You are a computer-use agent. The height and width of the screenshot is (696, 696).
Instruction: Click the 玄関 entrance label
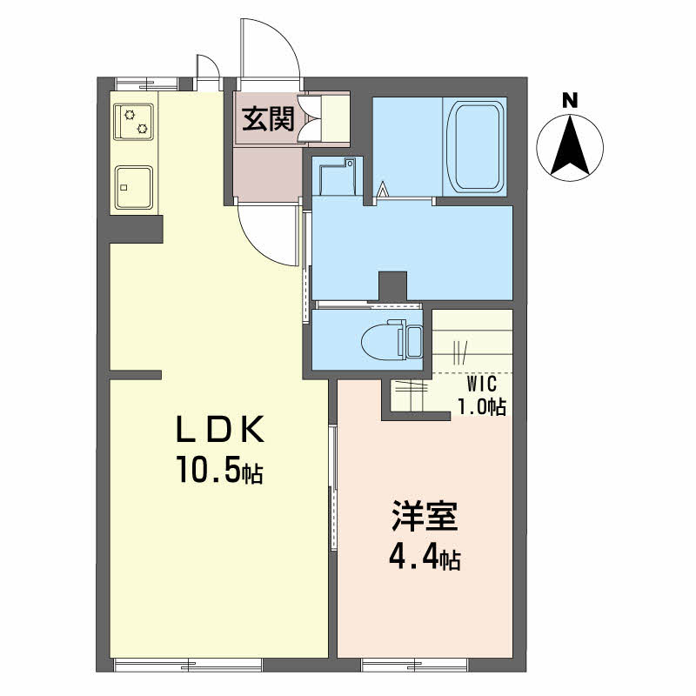268,119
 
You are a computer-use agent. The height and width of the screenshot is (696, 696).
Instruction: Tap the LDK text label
220,430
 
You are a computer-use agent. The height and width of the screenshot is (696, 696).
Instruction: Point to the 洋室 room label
425,516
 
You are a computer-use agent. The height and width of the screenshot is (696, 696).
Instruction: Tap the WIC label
482,384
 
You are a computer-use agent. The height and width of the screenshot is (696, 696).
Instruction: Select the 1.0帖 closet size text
482,406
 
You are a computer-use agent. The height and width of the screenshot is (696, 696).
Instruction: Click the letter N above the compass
570,101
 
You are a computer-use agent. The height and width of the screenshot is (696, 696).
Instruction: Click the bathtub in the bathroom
474,146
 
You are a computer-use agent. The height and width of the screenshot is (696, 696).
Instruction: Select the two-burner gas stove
134,122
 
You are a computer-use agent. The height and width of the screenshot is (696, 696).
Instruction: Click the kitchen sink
134,187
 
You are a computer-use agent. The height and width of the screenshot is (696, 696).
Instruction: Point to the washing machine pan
338,177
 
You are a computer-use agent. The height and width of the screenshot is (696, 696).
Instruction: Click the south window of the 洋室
415,665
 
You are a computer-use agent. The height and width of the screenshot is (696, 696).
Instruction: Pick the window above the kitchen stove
146,84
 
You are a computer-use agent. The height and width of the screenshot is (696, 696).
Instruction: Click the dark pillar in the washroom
392,286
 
